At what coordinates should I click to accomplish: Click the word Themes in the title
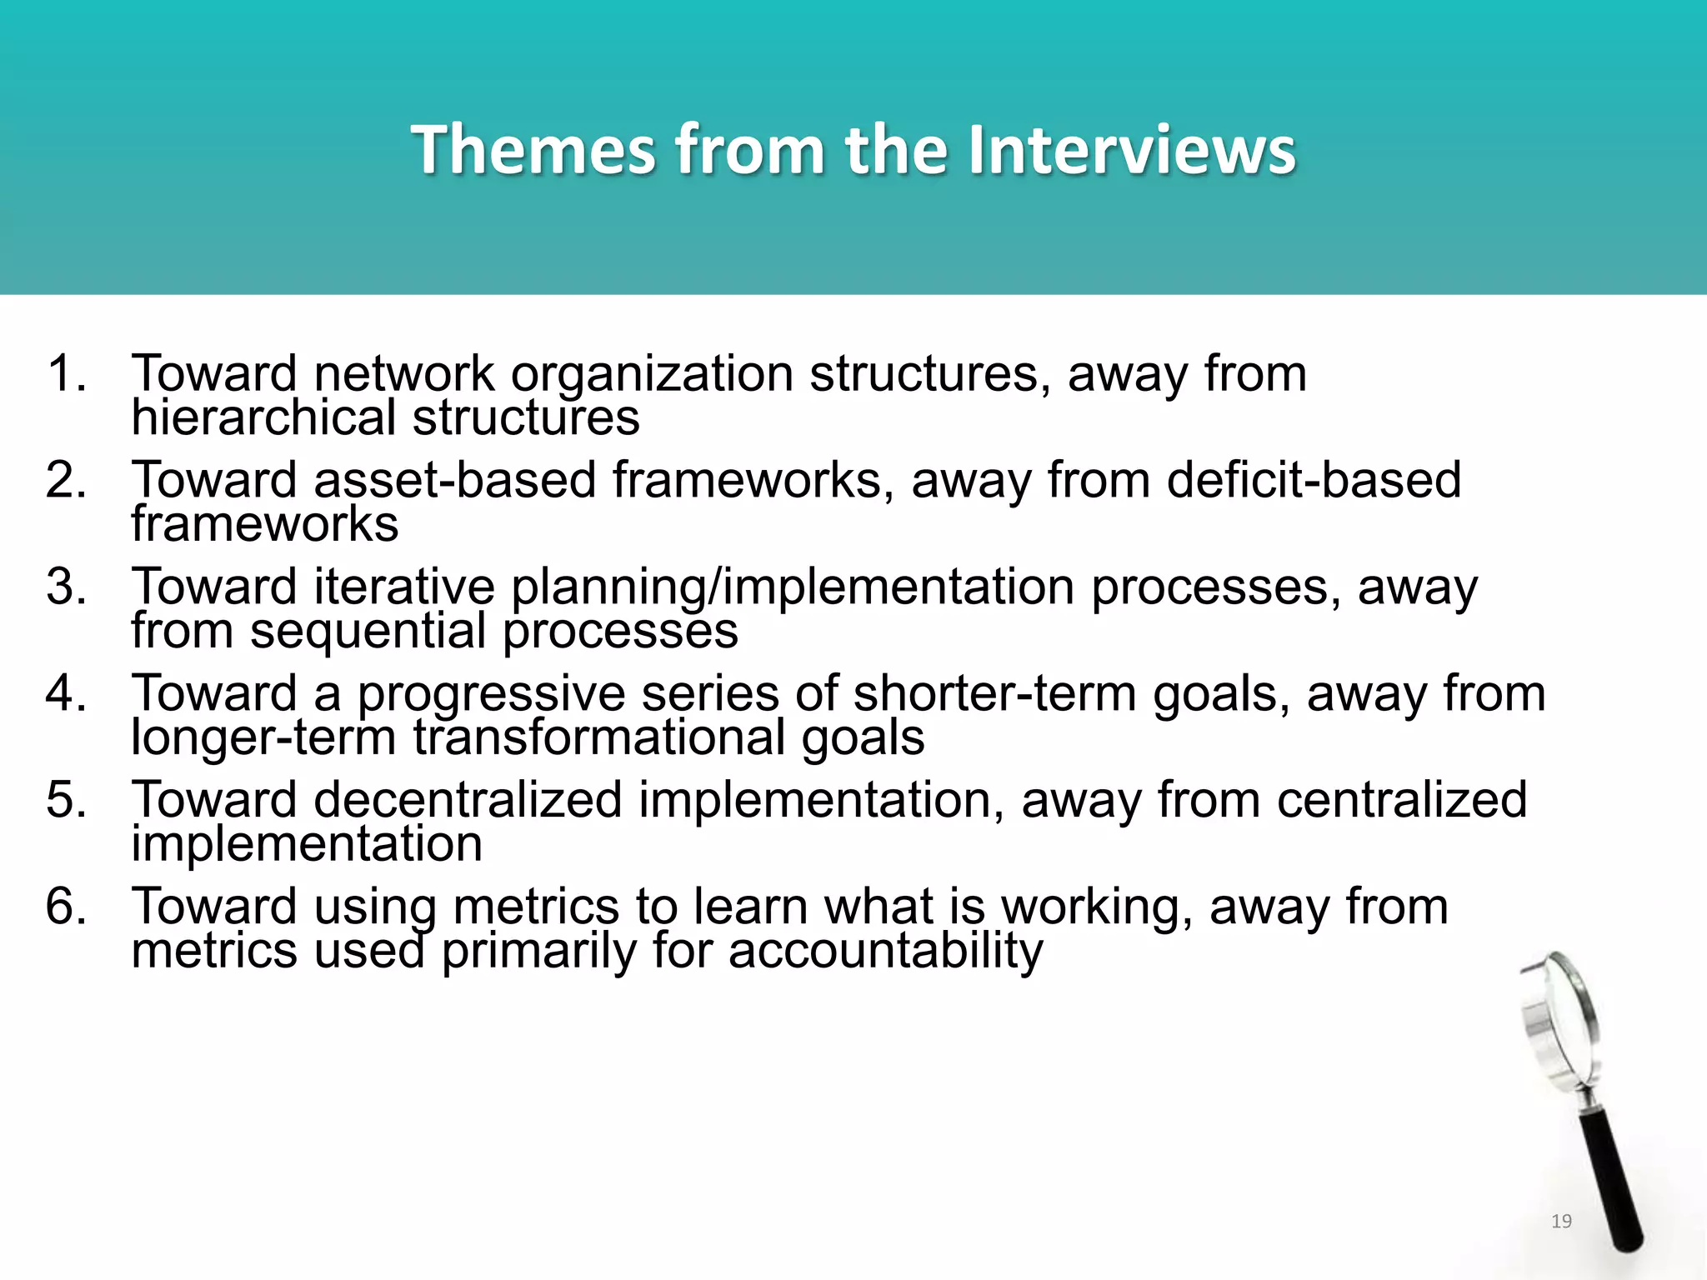pos(533,150)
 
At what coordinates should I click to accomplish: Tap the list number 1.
pos(66,373)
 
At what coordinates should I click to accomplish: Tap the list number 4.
pos(66,693)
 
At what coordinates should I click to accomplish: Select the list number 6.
pos(66,907)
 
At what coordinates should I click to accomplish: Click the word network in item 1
pos(403,373)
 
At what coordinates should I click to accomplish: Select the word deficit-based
pos(1314,480)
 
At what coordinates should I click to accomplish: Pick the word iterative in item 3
pos(403,587)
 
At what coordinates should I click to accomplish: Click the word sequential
pos(368,631)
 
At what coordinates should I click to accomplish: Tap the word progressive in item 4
pos(491,693)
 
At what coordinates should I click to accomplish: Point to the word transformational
pos(598,737)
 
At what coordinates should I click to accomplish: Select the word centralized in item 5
pos(1402,800)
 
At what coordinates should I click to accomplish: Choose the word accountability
pos(885,951)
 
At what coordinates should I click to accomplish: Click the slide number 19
pos(1561,1222)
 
